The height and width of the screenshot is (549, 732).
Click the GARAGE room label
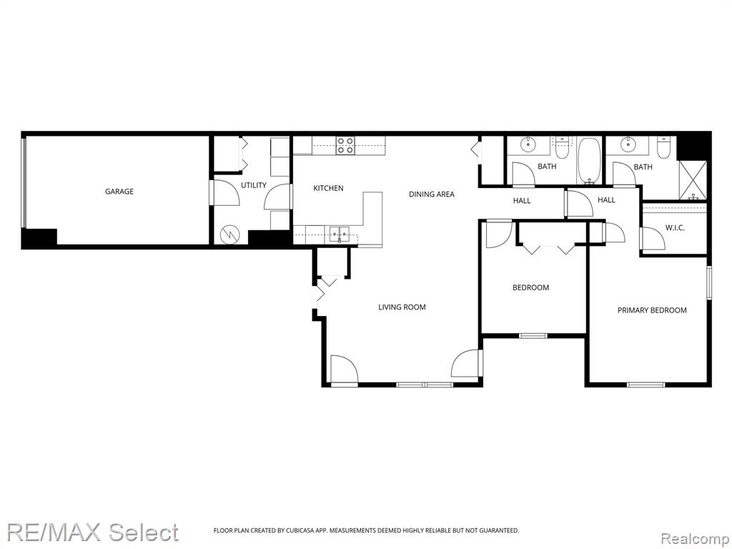coord(119,192)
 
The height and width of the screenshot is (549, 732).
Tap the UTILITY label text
coord(254,185)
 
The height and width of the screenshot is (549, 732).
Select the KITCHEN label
coord(328,188)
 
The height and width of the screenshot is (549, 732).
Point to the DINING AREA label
coord(431,194)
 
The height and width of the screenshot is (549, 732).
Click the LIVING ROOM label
coord(402,307)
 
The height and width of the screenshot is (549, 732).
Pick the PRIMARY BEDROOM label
coord(652,310)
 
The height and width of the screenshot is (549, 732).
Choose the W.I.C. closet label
coord(675,228)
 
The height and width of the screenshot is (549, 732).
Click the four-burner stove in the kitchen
coord(346,145)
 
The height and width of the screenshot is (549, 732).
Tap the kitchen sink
coord(339,233)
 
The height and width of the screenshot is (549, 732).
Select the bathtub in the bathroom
coord(590,161)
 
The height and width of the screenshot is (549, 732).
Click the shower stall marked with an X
coord(693,179)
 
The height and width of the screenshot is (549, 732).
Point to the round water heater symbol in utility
coord(230,233)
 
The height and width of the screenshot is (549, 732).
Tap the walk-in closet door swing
coord(653,239)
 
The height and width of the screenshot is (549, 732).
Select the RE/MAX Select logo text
coord(92,532)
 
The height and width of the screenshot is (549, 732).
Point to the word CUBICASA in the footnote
coord(300,530)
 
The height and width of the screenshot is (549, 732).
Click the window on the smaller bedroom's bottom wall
coord(533,335)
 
